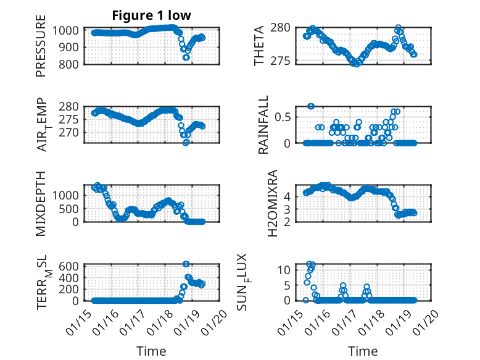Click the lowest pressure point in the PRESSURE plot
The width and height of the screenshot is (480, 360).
186,57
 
